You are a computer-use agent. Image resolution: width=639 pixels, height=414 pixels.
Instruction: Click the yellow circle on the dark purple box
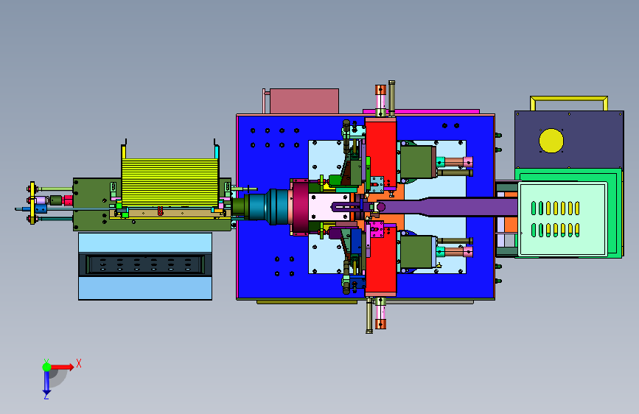551,141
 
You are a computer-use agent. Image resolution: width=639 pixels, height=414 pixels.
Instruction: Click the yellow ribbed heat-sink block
170,182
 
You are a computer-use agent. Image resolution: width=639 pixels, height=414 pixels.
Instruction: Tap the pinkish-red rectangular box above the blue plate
304,101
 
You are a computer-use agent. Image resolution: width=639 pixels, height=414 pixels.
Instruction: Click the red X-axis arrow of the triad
62,367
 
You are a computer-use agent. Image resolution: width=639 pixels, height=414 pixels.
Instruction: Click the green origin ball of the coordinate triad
47,367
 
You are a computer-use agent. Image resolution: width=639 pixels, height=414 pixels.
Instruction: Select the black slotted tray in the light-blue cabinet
145,265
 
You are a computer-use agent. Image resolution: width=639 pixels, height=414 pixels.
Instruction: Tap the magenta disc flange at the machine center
301,208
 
